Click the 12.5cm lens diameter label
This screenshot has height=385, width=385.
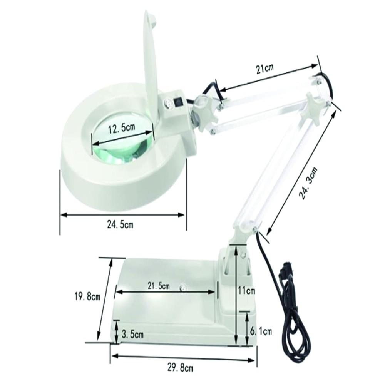coord(121,129)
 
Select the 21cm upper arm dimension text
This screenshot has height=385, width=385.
coord(265,69)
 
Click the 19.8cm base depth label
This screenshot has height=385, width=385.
coord(87,296)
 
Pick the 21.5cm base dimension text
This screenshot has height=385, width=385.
coord(158,286)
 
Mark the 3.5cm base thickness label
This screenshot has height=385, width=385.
coord(132,335)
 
